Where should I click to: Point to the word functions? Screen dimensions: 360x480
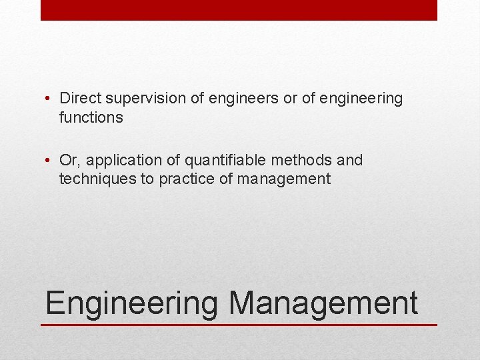pos(91,118)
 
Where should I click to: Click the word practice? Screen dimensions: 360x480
pos(186,179)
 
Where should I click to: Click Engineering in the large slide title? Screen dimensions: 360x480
pos(131,303)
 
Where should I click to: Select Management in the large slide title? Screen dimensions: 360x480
pos(323,303)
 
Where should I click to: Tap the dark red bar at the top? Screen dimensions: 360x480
pos(239,10)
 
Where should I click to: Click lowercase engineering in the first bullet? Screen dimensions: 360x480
pos(361,99)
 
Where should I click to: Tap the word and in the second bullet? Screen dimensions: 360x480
pos(350,161)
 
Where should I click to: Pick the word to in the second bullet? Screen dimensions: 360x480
pos(148,179)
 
